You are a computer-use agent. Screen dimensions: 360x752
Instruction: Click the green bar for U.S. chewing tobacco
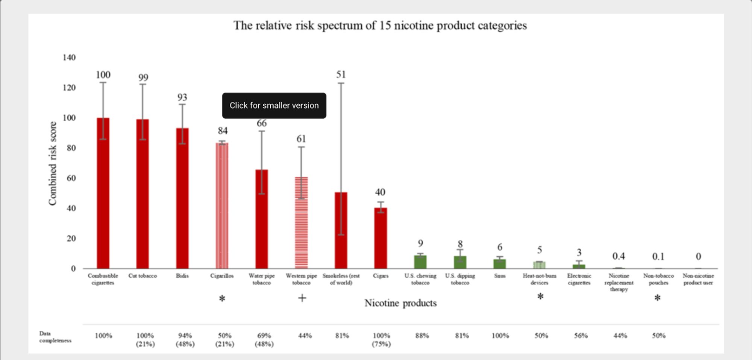pos(420,262)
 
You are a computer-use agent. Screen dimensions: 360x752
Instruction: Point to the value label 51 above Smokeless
pos(341,74)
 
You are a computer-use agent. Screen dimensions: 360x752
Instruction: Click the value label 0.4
pos(619,256)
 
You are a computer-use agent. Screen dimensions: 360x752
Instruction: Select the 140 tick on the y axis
pos(69,57)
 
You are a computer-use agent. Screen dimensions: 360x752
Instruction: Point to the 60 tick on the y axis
pos(71,178)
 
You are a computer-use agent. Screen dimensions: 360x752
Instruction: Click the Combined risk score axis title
pos(53,163)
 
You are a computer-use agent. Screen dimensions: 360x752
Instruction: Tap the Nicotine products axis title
pos(400,303)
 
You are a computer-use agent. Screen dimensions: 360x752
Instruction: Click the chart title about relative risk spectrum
pos(380,26)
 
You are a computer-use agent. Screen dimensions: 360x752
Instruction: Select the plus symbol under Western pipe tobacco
pos(302,298)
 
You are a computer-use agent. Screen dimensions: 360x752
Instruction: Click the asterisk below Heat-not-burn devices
pos(540,297)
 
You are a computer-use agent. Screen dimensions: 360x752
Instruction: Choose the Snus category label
pos(500,276)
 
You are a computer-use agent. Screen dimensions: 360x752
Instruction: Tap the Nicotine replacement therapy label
pos(619,282)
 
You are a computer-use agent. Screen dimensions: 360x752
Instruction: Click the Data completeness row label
pos(55,337)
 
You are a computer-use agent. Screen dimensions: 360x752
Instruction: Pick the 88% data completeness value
pos(422,336)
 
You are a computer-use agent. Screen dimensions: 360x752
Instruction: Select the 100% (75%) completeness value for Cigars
pos(381,339)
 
